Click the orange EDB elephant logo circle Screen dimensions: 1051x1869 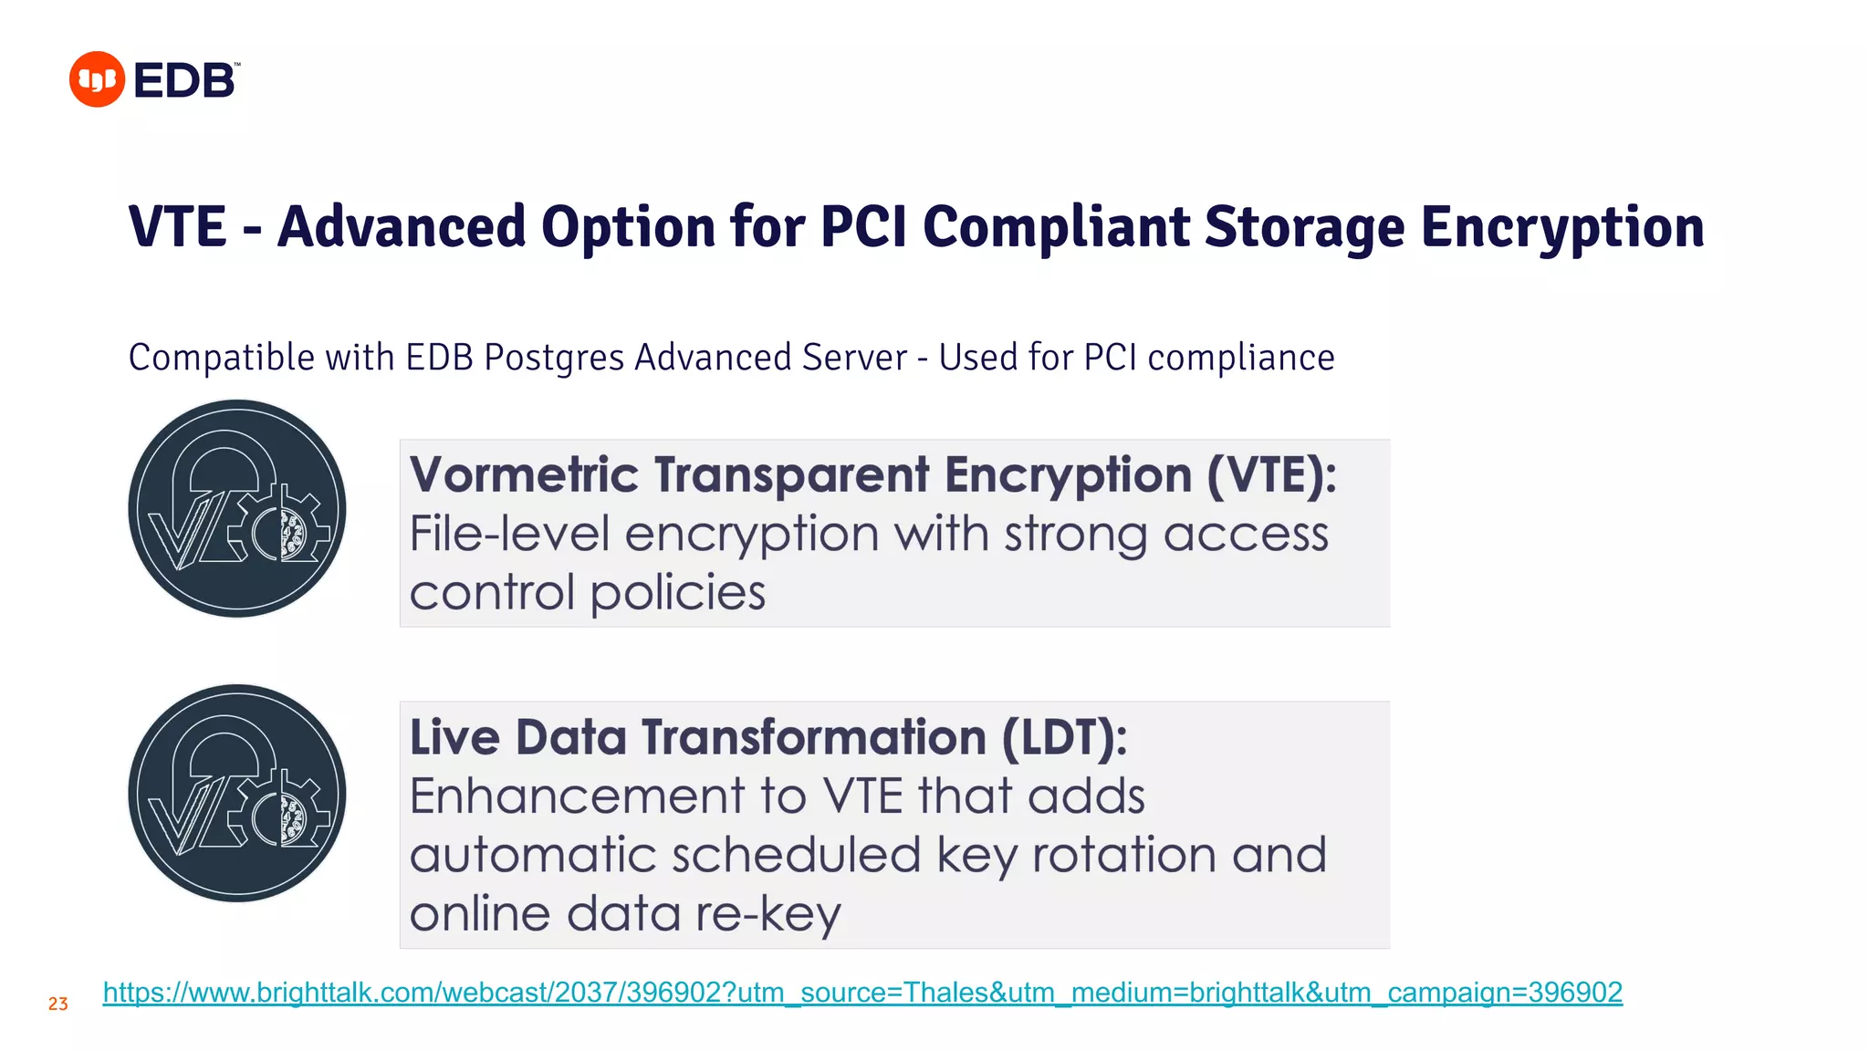[97, 79]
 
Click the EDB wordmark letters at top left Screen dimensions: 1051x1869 [185, 80]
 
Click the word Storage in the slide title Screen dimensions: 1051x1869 [1304, 227]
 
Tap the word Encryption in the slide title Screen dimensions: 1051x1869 [1562, 227]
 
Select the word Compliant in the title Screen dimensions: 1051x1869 [1056, 227]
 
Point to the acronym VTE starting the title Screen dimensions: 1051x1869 [177, 227]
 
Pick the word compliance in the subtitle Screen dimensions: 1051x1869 [1240, 358]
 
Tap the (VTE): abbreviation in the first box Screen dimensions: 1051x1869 [1271, 475]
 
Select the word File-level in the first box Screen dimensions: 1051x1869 [509, 534]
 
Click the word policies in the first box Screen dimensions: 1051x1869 [678, 593]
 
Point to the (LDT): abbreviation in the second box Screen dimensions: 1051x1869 [1064, 737]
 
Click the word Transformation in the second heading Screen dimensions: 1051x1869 [814, 737]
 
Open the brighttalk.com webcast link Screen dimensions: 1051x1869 [861, 993]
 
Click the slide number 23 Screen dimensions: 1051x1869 [58, 1004]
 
